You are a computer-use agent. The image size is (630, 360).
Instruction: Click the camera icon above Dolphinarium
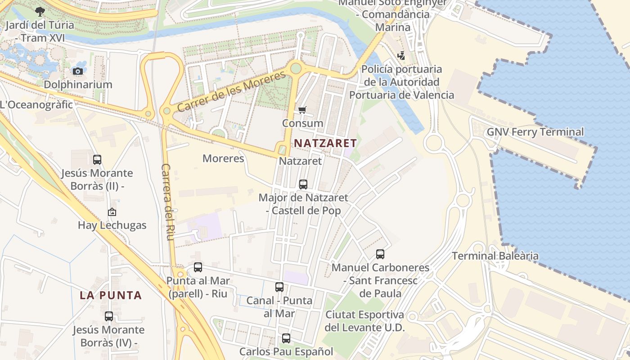pyautogui.click(x=78, y=71)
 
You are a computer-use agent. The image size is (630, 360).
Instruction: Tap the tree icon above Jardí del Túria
pyautogui.click(x=40, y=11)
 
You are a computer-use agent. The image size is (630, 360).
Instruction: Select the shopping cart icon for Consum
pyautogui.click(x=302, y=110)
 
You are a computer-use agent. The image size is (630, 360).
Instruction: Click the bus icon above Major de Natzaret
pyautogui.click(x=303, y=184)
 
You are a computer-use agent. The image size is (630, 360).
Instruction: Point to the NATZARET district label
pyautogui.click(x=325, y=144)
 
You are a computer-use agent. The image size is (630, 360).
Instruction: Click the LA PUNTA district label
pyautogui.click(x=111, y=296)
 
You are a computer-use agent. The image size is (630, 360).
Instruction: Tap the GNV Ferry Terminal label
pyautogui.click(x=535, y=132)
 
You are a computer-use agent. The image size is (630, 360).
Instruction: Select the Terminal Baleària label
pyautogui.click(x=495, y=256)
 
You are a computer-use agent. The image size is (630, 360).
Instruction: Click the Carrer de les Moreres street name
pyautogui.click(x=231, y=91)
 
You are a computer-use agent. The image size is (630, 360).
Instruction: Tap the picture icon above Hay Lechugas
pyautogui.click(x=112, y=212)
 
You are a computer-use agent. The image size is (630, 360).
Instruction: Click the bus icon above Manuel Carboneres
pyautogui.click(x=380, y=254)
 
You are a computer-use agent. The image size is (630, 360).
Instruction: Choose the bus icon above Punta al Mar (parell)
pyautogui.click(x=198, y=267)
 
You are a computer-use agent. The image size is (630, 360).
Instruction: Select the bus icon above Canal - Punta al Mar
pyautogui.click(x=279, y=287)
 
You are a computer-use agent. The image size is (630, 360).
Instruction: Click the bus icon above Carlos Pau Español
pyautogui.click(x=286, y=338)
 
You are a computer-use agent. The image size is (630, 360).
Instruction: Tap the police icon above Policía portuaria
pyautogui.click(x=401, y=56)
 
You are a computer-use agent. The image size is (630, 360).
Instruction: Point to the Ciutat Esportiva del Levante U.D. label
pyautogui.click(x=364, y=321)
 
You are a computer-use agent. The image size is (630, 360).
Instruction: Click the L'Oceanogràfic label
pyautogui.click(x=36, y=105)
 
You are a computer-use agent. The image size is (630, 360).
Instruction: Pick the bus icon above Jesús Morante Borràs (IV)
pyautogui.click(x=109, y=316)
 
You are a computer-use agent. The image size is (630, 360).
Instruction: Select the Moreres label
pyautogui.click(x=223, y=158)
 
